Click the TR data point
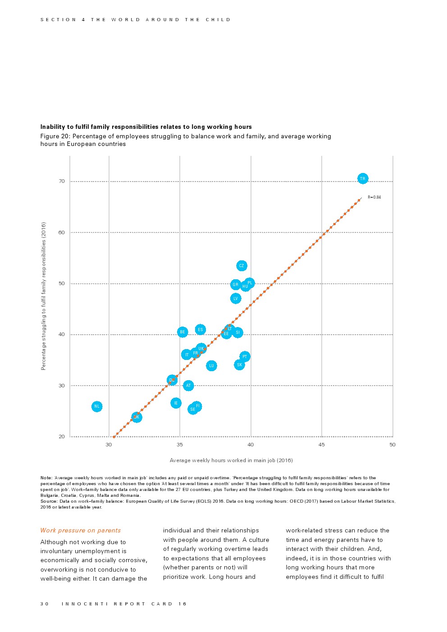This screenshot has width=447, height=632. pos(363,179)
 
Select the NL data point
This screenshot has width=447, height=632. pos(97,406)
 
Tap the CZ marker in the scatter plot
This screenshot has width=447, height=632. pos(242,266)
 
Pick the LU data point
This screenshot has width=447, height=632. pos(211,366)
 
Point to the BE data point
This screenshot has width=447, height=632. pos(182,332)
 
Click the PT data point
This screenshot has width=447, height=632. pos(245,357)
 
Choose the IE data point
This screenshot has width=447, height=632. pos(176,403)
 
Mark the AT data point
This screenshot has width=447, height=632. pos(188,386)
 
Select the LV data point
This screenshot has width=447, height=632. pos(236,298)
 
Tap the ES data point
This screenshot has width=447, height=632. pos(201,330)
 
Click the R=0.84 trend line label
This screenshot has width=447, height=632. pos(374,197)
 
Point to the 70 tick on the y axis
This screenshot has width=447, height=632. pos(62,182)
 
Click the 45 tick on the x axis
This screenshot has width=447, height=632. pos(322,445)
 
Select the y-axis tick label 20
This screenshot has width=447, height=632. pos(62,436)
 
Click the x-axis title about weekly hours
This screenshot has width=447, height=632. pos(231,460)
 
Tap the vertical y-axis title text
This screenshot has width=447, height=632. pos(44,296)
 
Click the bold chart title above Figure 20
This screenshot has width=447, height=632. pos(146,127)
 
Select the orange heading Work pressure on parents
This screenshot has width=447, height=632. pos(81,531)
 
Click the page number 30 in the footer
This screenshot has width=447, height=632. pos(44,604)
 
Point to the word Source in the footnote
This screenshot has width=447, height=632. pos(48,501)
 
